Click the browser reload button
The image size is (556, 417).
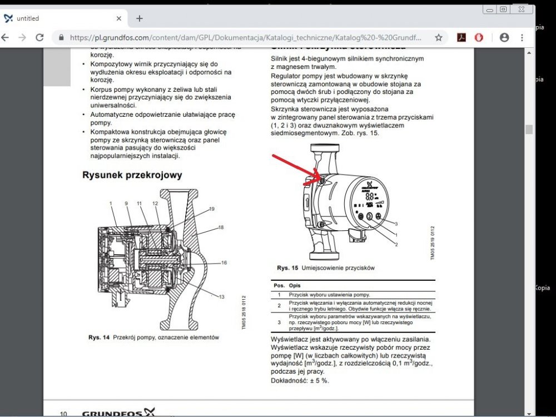coord(39,38)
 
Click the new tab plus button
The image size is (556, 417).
coord(139,18)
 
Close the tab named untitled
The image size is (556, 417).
coord(119,18)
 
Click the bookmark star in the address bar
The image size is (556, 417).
coord(439,38)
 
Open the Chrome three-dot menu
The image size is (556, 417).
coord(522,38)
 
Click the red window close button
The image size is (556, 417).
coord(520,9)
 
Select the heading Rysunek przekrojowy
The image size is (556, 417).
coord(132,175)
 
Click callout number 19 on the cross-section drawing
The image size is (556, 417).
coord(211,209)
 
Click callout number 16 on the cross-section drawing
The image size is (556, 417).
coord(224,262)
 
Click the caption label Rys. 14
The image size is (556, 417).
coord(99,337)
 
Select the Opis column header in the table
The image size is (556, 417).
coord(295,285)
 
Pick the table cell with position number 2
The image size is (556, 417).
coord(279,306)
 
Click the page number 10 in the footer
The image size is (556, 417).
coord(64,414)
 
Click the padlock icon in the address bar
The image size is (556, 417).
coord(61,38)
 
